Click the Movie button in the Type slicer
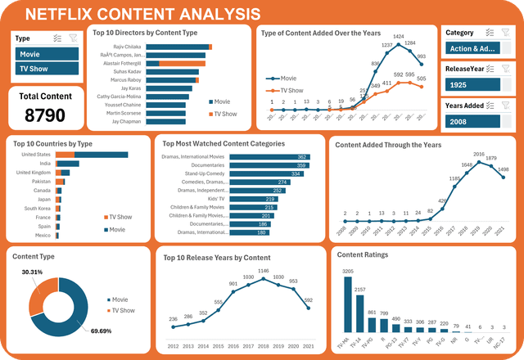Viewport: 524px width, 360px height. (x=45, y=53)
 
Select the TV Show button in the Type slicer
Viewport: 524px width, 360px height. (x=45, y=70)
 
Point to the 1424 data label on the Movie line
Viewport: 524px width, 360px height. (x=399, y=37)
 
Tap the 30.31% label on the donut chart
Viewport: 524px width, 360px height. (x=32, y=272)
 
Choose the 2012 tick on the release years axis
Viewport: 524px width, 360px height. (x=173, y=347)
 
